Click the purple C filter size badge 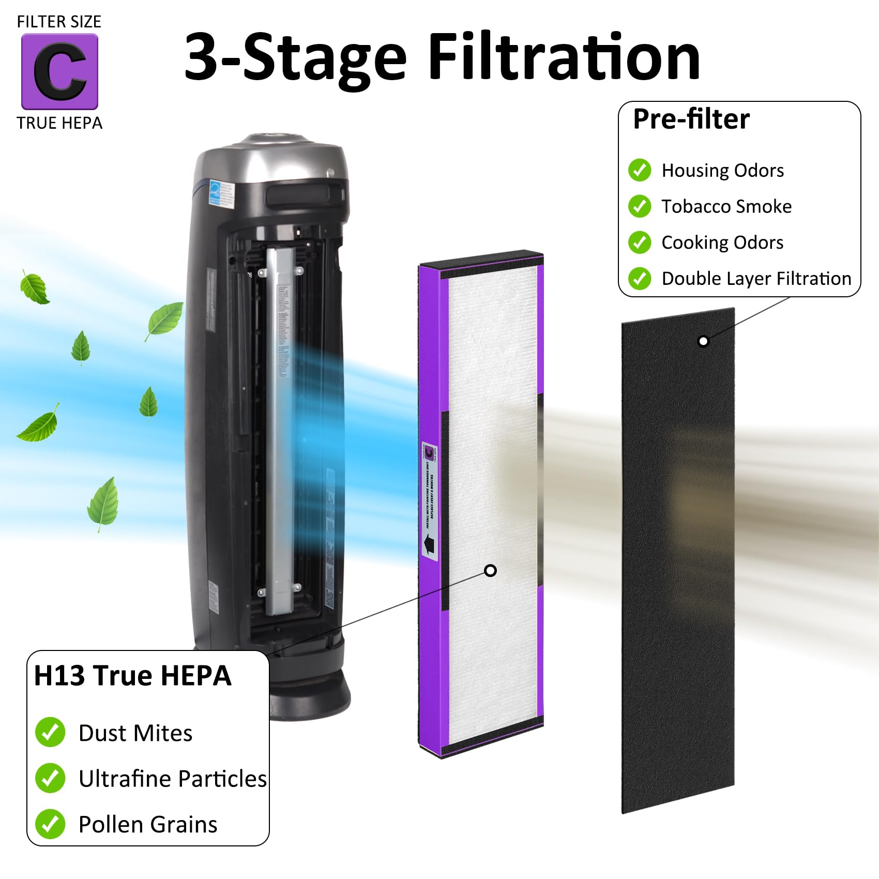pyautogui.click(x=59, y=71)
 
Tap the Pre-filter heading pyautogui.click(x=691, y=119)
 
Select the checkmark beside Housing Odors pyautogui.click(x=640, y=170)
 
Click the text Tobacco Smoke pyautogui.click(x=726, y=206)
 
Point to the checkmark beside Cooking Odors pyautogui.click(x=640, y=243)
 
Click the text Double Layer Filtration pyautogui.click(x=756, y=279)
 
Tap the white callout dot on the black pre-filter pyautogui.click(x=703, y=341)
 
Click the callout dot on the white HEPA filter pyautogui.click(x=490, y=570)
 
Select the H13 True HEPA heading pyautogui.click(x=132, y=676)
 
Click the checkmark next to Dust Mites pyautogui.click(x=50, y=732)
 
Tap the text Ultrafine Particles pyautogui.click(x=172, y=779)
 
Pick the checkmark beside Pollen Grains pyautogui.click(x=50, y=824)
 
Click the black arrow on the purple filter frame pyautogui.click(x=429, y=545)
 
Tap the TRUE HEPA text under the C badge pyautogui.click(x=59, y=123)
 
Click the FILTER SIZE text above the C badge pyautogui.click(x=59, y=22)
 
